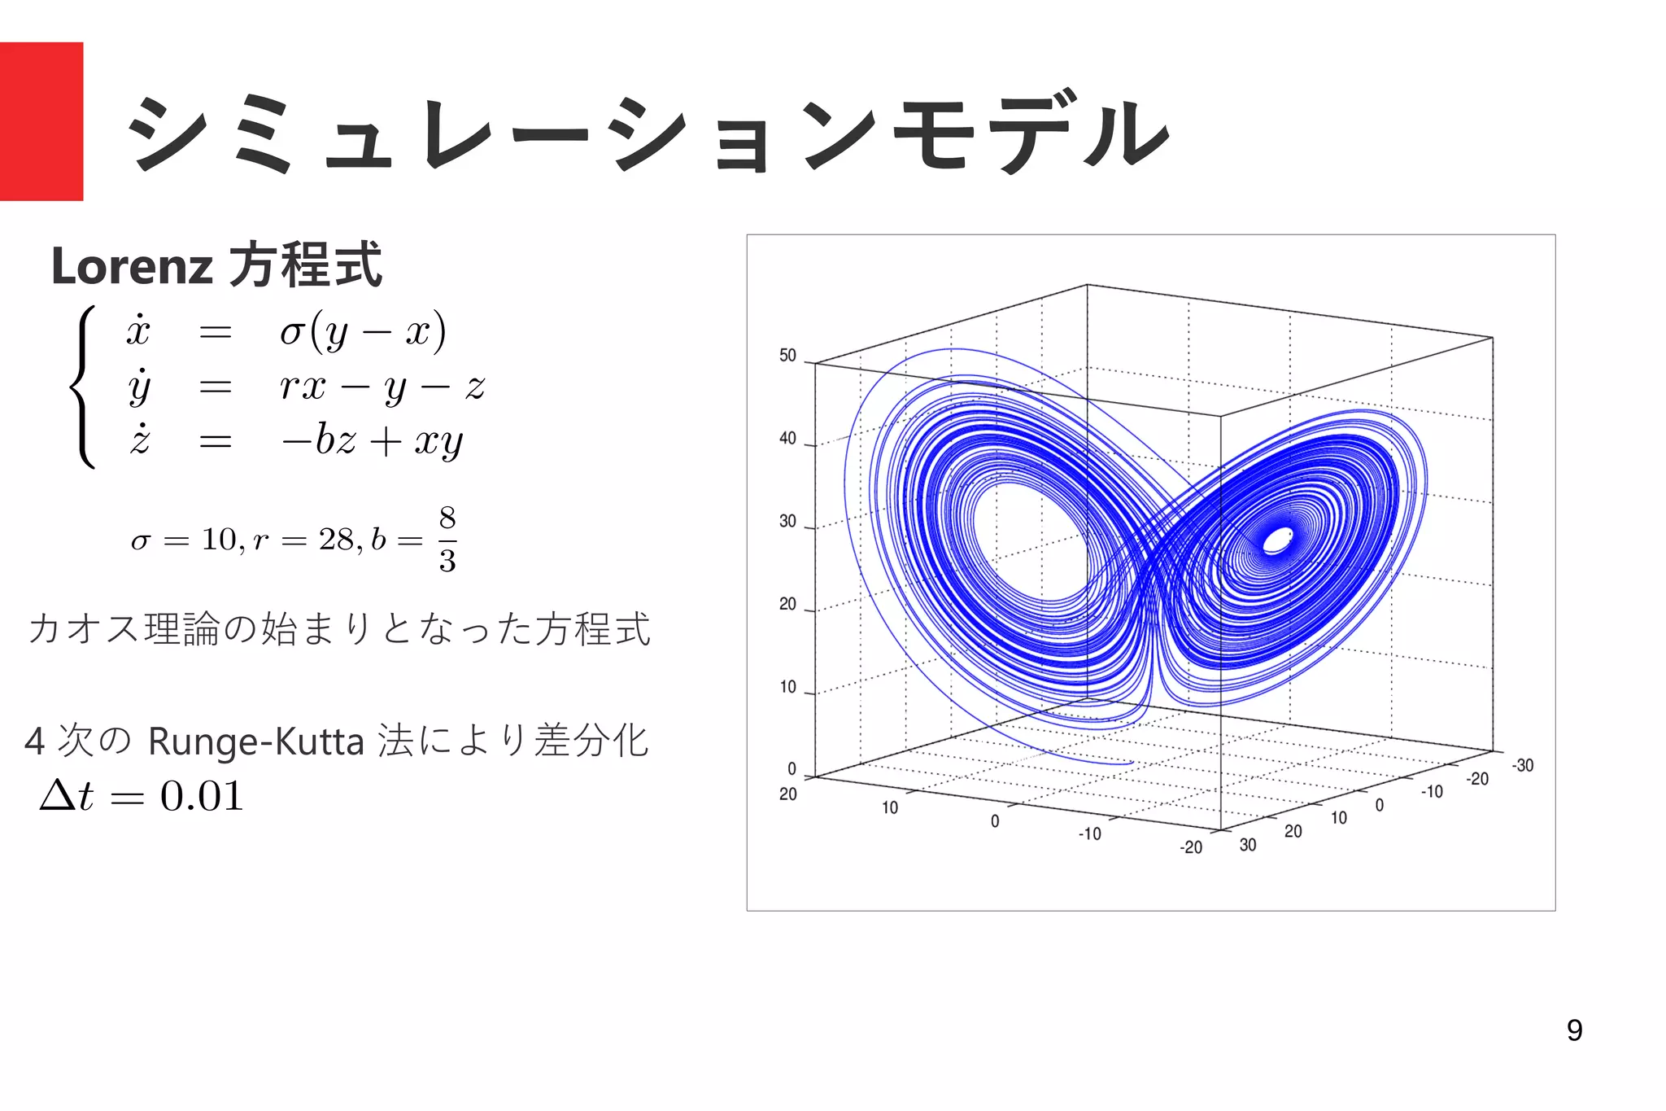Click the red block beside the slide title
(41, 120)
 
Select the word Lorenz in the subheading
(132, 266)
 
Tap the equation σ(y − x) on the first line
(363, 331)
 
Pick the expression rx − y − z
(382, 387)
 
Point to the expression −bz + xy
(373, 441)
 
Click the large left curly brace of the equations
(83, 387)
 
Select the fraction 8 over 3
(447, 539)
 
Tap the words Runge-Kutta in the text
(255, 741)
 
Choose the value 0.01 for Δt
(202, 796)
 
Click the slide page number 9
(1574, 1030)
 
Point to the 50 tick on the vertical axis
(787, 356)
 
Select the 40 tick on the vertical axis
(787, 439)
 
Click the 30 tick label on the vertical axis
(787, 521)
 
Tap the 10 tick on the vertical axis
(787, 687)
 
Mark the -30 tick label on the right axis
(1522, 766)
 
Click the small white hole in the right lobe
(1277, 540)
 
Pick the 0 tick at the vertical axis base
(792, 769)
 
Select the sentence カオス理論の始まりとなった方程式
(339, 629)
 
